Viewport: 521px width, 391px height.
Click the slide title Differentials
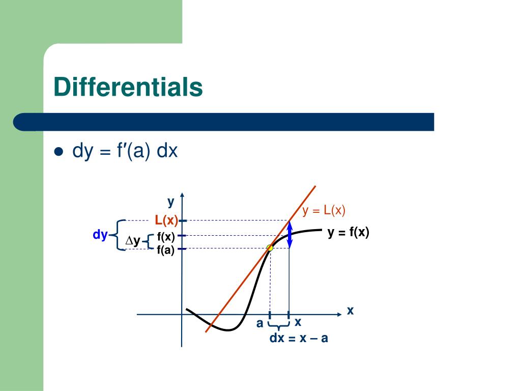(x=128, y=87)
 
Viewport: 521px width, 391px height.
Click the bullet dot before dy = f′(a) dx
(x=59, y=152)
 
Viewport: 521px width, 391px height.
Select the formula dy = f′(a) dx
(x=125, y=151)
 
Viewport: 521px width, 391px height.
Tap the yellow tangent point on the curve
(x=270, y=248)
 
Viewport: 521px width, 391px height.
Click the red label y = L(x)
(x=324, y=210)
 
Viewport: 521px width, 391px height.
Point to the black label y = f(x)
(x=348, y=232)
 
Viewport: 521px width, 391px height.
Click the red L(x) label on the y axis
(x=166, y=220)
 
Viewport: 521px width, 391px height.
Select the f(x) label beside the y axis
(x=166, y=236)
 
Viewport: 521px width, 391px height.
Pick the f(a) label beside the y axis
(x=166, y=249)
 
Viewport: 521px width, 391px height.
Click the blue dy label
(x=100, y=235)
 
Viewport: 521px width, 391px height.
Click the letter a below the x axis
(x=259, y=323)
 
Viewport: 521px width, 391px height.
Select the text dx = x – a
(x=299, y=338)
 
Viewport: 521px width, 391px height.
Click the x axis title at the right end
(x=350, y=311)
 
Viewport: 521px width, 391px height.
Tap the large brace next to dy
(x=118, y=235)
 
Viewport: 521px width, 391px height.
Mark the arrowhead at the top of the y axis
(x=182, y=195)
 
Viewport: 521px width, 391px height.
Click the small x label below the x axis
(x=298, y=322)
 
